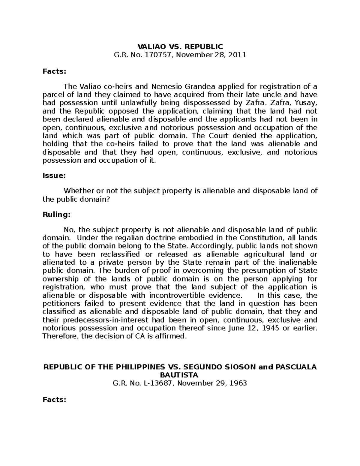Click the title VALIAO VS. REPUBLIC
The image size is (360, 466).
[180, 47]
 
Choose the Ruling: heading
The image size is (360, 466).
[56, 215]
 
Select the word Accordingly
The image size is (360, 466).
[212, 246]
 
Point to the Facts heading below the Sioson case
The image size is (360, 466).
[54, 400]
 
